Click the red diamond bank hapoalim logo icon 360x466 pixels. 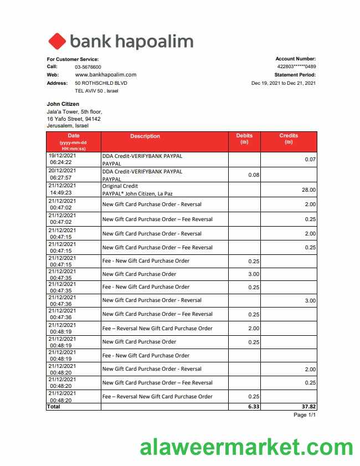click(57, 41)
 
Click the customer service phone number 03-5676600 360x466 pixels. click(88, 66)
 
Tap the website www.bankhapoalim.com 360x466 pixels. click(105, 74)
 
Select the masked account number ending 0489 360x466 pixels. click(296, 66)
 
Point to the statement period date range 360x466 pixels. click(283, 83)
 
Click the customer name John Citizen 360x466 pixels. click(63, 104)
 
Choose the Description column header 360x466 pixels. click(145, 136)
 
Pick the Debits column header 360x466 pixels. click(244, 139)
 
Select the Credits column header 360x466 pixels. click(289, 139)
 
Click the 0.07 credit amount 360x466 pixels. click(310, 160)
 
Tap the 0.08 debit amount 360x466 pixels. click(254, 175)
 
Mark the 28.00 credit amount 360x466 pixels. click(308, 190)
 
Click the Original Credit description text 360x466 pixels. click(120, 186)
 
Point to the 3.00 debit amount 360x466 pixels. click(254, 274)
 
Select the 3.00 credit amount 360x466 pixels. click(310, 301)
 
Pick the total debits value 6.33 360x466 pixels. click(254, 406)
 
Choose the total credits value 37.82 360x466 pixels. click(308, 406)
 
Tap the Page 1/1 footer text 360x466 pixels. click(304, 415)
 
